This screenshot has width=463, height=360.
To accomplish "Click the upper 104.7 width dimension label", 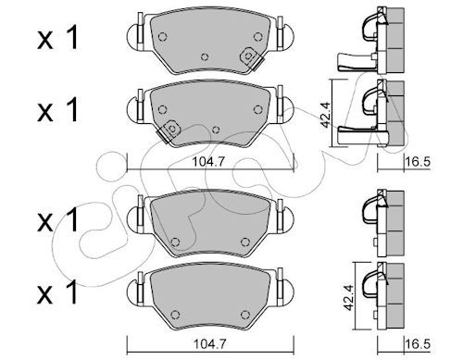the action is click(x=209, y=162).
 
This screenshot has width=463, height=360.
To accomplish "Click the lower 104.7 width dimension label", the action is click(x=209, y=343).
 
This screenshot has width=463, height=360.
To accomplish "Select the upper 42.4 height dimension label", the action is click(x=326, y=115).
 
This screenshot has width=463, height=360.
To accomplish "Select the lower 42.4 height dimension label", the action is click(x=349, y=298).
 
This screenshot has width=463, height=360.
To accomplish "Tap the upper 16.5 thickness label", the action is click(x=419, y=162).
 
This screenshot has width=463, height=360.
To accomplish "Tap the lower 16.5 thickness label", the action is click(x=419, y=343).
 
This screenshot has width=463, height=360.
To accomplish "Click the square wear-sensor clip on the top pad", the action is click(x=249, y=57).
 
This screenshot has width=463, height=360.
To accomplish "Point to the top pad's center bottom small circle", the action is click(x=205, y=57).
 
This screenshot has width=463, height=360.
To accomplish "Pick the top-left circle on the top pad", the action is click(x=162, y=37).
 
